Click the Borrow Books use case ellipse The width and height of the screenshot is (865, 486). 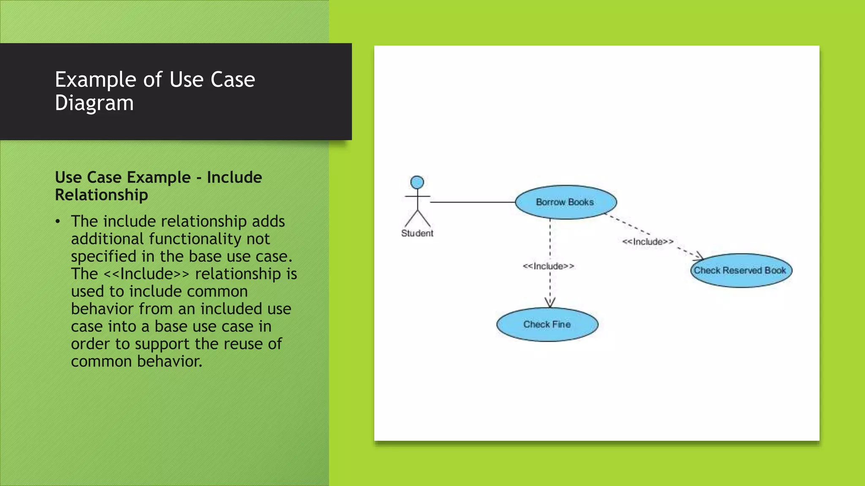566,202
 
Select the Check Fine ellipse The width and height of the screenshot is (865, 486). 547,324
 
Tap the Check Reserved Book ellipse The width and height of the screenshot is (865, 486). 741,270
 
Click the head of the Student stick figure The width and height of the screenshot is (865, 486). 417,182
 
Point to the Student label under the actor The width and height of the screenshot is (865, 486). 417,233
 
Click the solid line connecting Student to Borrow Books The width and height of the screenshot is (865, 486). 472,202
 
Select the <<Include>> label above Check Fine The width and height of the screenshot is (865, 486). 548,266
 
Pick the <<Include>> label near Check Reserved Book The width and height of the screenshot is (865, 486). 647,242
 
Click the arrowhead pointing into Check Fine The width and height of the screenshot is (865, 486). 550,303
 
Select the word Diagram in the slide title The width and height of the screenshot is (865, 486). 94,103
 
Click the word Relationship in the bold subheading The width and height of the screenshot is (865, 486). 101,195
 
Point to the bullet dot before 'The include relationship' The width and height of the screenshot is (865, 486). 58,221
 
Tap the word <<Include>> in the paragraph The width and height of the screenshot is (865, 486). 147,274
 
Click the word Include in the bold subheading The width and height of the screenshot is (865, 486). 234,178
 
